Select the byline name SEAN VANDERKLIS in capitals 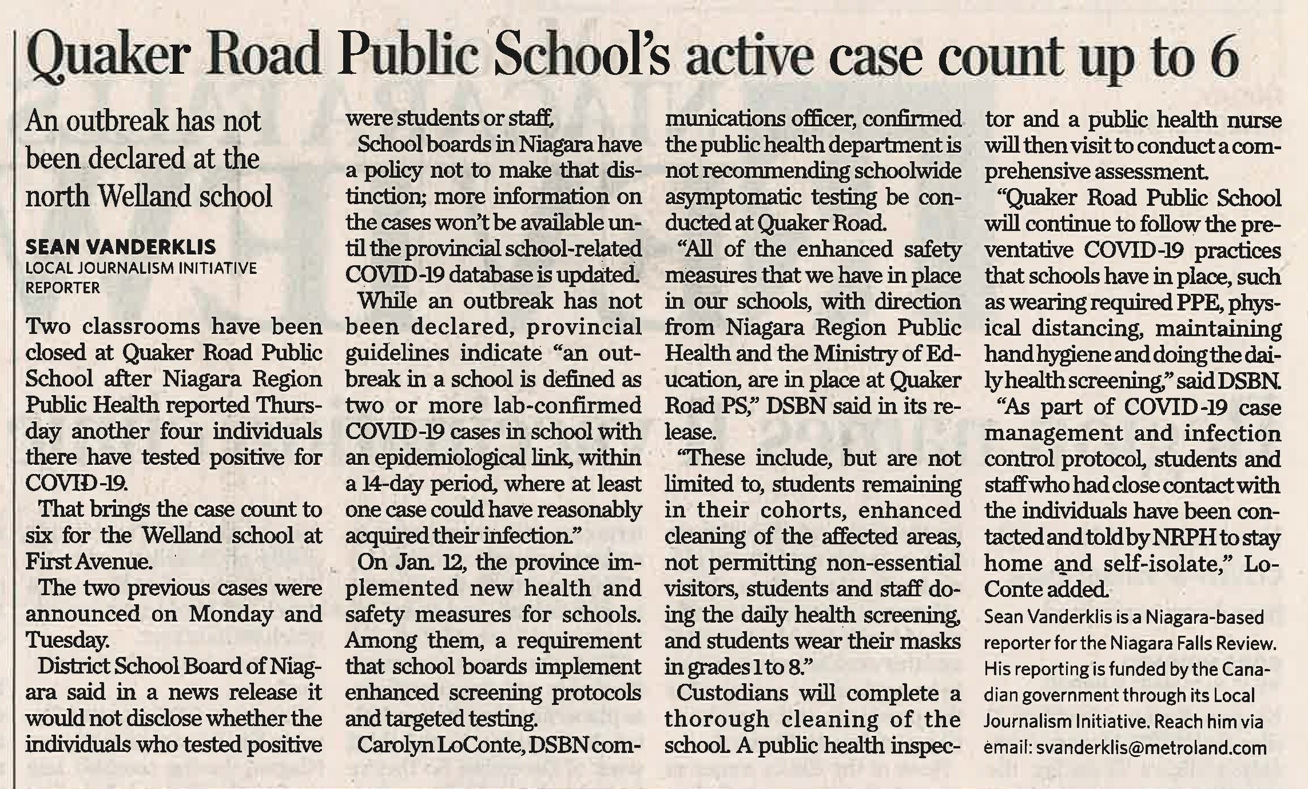(x=121, y=247)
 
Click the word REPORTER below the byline (x=63, y=287)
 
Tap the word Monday (x=230, y=614)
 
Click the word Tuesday (x=67, y=640)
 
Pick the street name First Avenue (x=89, y=562)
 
